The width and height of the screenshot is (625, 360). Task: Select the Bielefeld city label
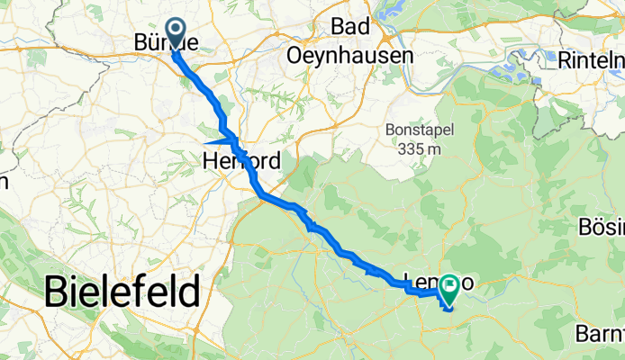(x=122, y=292)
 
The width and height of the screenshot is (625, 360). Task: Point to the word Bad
(x=349, y=28)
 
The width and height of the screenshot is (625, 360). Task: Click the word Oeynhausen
(x=349, y=55)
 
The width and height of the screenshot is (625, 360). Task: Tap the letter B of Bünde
(x=141, y=43)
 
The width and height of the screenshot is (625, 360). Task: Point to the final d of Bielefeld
(x=189, y=292)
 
